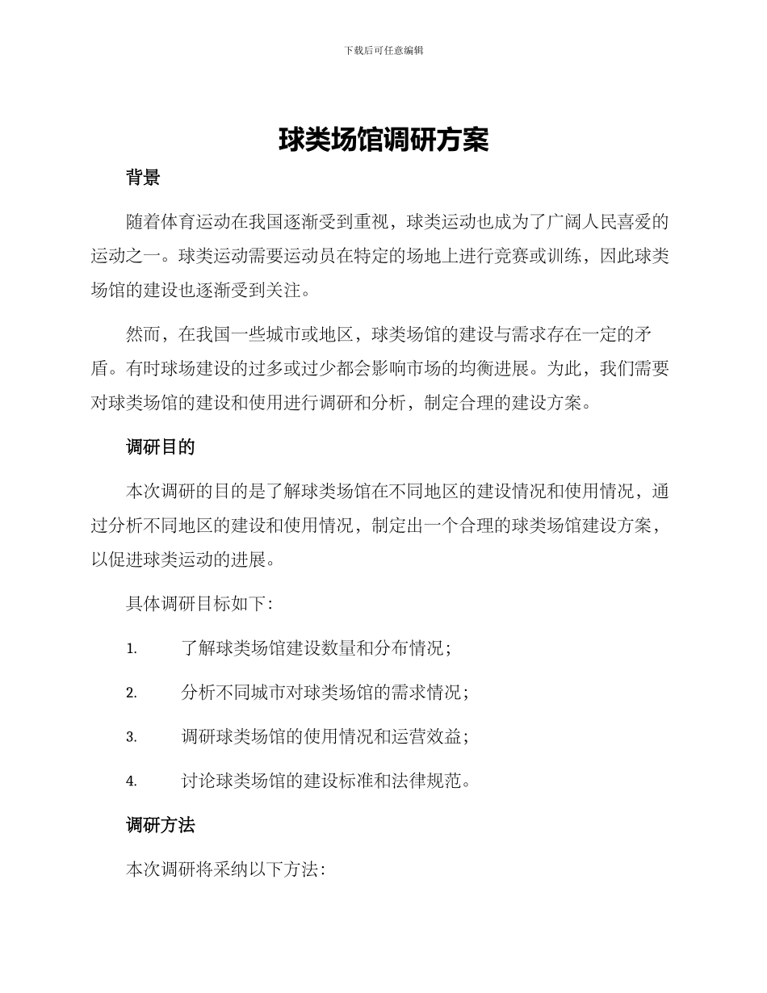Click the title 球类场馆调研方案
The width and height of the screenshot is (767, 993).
coord(383,140)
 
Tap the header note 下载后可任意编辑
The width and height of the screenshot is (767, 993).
coord(383,50)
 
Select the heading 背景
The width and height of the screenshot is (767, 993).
coord(143,178)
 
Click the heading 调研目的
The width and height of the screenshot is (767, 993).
coord(161,446)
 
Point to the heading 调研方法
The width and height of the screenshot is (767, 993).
coord(161,825)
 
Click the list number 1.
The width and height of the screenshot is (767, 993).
coord(131,648)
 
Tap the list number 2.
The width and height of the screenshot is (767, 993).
coord(131,693)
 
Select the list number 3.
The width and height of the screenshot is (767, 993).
coord(131,737)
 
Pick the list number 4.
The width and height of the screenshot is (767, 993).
coord(131,781)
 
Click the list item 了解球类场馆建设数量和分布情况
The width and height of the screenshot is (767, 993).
coord(316,648)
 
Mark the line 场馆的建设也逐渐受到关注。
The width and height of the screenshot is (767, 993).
coord(200,290)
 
